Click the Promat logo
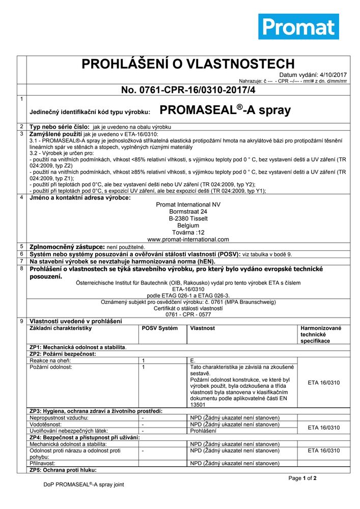click(298, 26)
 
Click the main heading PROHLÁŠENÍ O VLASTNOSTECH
click(181, 64)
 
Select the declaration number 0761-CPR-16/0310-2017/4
click(188, 90)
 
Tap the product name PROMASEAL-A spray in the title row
click(225, 110)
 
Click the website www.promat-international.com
click(188, 239)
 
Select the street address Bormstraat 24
click(188, 211)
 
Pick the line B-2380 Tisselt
click(188, 218)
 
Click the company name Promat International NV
click(188, 204)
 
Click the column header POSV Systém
click(160, 328)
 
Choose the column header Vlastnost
click(203, 328)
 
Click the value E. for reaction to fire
click(192, 360)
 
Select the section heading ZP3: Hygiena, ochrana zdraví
click(96, 411)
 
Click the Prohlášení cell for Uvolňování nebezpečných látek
click(203, 431)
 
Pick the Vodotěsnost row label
click(46, 424)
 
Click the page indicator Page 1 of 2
click(302, 478)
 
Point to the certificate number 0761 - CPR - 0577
click(188, 315)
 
